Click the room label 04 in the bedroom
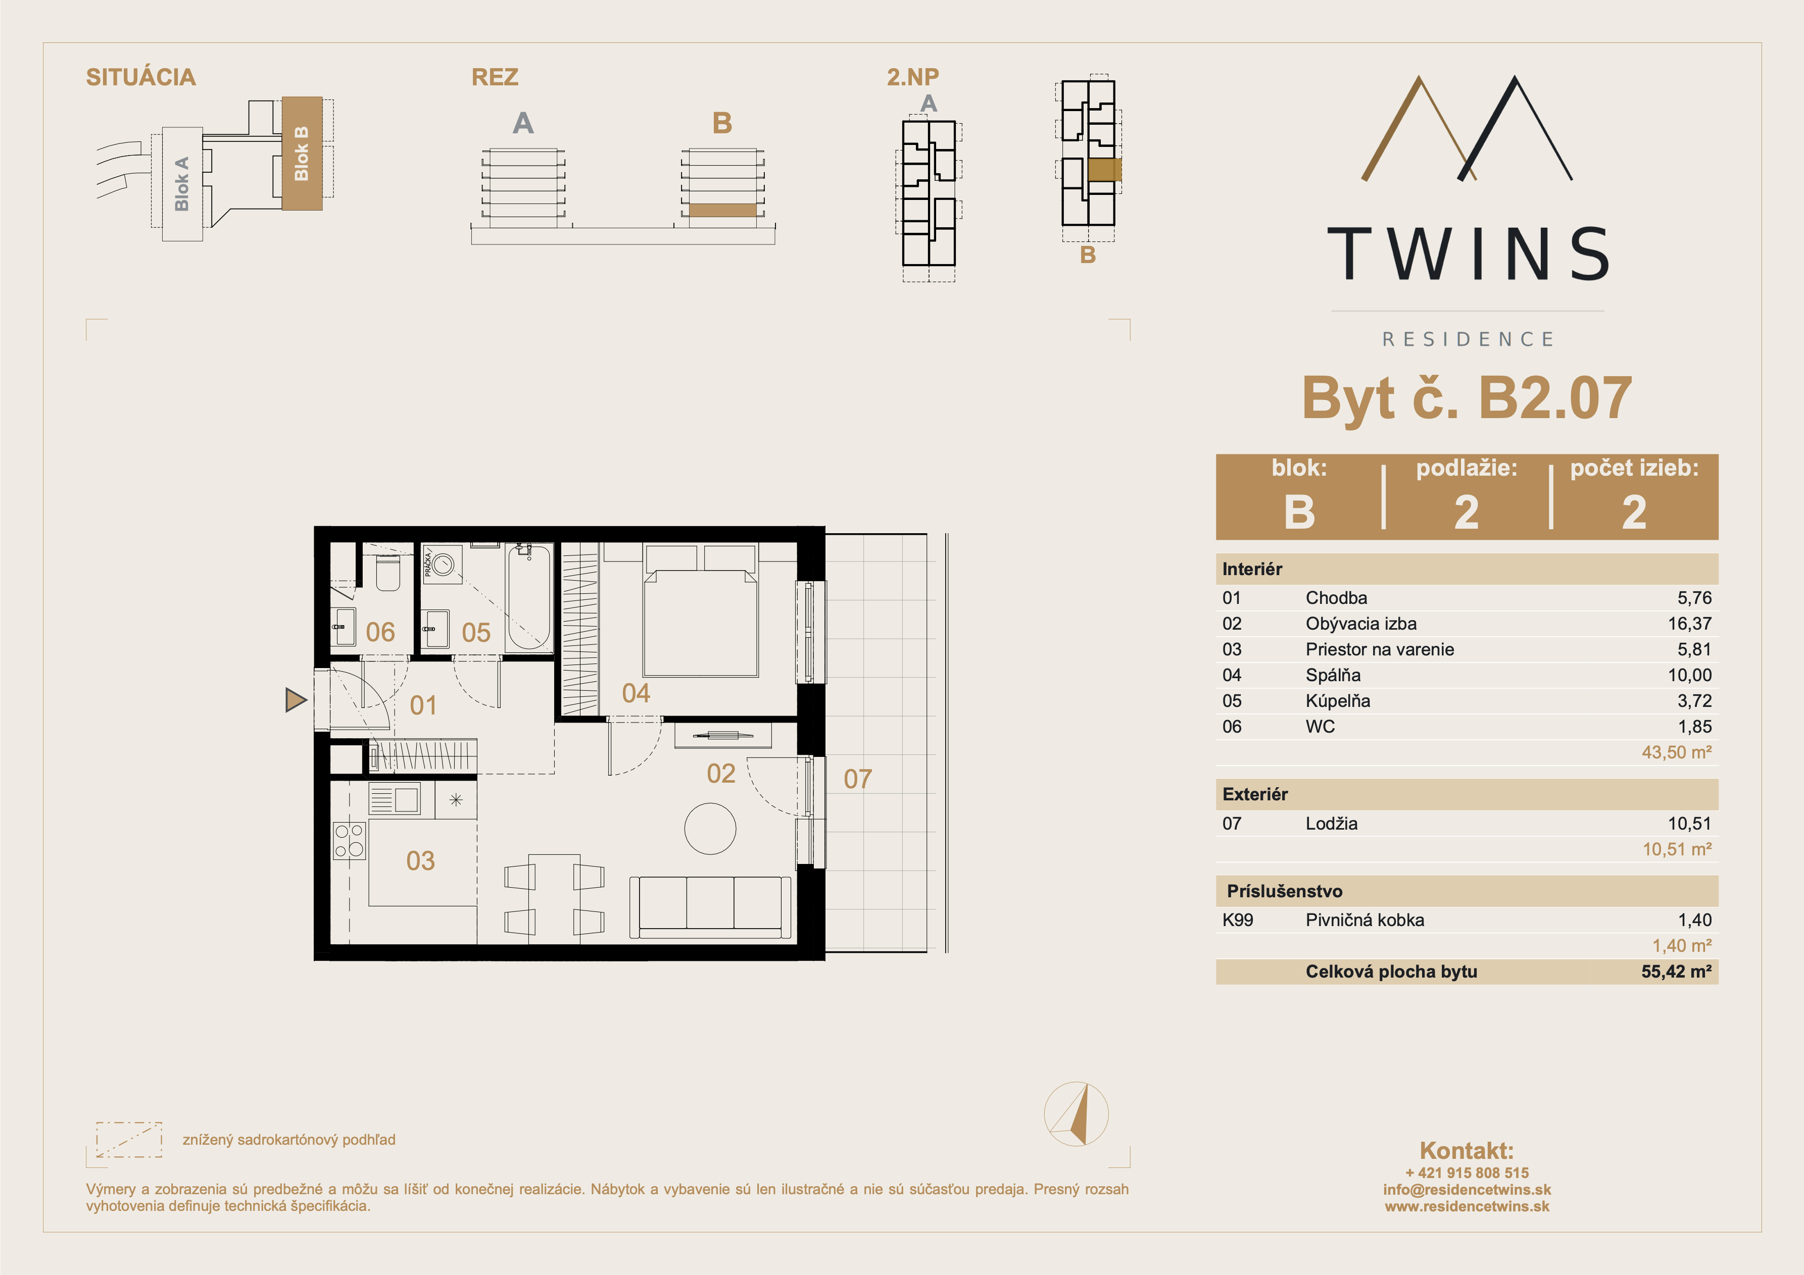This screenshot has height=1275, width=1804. [x=636, y=693]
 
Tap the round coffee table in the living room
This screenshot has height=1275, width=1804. [x=710, y=828]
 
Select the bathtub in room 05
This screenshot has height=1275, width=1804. [x=529, y=596]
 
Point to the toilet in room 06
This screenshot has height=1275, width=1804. [x=388, y=572]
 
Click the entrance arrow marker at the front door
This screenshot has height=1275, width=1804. [x=296, y=699]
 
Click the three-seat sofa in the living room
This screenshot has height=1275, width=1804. [x=710, y=907]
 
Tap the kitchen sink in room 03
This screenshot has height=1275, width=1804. [x=395, y=799]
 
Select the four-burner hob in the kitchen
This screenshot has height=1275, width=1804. [x=350, y=841]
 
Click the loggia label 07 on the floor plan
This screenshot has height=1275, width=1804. [x=858, y=779]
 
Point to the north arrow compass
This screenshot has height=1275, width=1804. [x=1077, y=1114]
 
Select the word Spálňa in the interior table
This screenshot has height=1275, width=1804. [x=1333, y=675]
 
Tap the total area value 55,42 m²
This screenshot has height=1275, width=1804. [x=1676, y=972]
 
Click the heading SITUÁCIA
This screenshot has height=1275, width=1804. [x=140, y=77]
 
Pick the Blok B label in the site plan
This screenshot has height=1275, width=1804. [x=302, y=153]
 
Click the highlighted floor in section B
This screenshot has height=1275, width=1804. [x=722, y=211]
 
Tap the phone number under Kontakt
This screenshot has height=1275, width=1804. [x=1467, y=1173]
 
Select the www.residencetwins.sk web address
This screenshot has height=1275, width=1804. [x=1467, y=1207]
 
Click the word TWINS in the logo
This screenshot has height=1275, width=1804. [x=1468, y=254]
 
